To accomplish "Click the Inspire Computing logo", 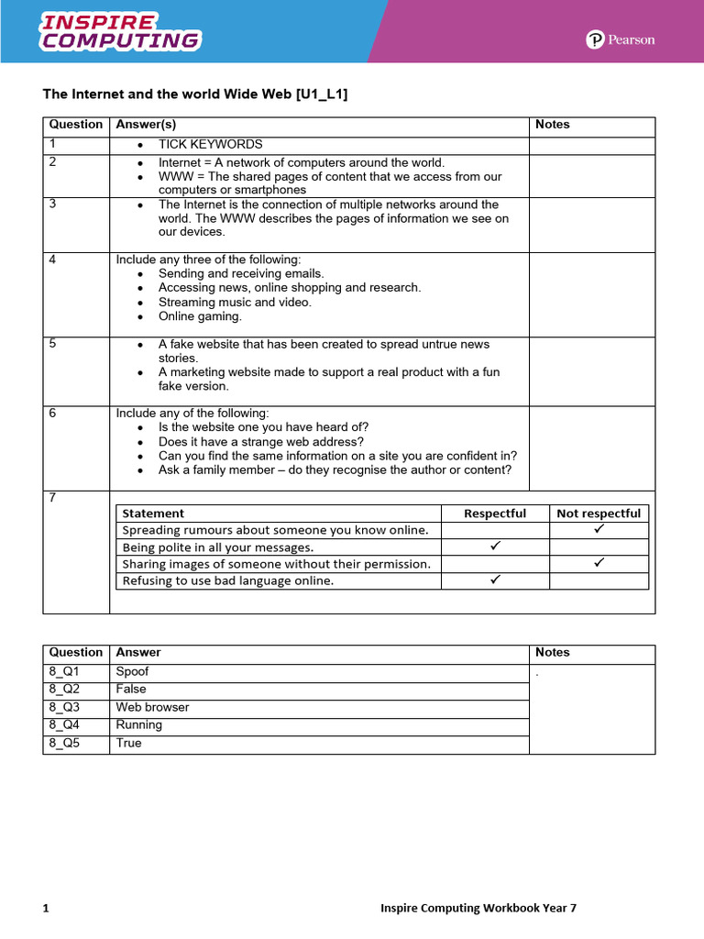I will tap(120, 31).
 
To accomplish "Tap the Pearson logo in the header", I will tap(621, 39).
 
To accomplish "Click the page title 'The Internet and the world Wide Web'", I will tap(195, 94).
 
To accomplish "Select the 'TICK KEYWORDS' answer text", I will tap(210, 145).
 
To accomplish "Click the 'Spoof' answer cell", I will tap(133, 671).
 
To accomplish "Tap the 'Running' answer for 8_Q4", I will tap(139, 725).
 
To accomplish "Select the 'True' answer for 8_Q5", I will tap(129, 744).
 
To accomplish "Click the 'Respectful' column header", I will tap(495, 514).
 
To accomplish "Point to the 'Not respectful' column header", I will tap(599, 514).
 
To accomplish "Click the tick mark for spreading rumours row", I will tap(599, 530).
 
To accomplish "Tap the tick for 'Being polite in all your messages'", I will tap(495, 547).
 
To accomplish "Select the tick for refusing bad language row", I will tap(495, 580).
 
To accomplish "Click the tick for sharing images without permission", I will tap(599, 563).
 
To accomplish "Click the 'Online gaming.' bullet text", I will tap(200, 316).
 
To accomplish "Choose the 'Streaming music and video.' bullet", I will tap(235, 302).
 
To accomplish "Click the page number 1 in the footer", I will tap(46, 909).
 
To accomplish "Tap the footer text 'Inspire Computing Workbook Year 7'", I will tap(478, 909).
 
